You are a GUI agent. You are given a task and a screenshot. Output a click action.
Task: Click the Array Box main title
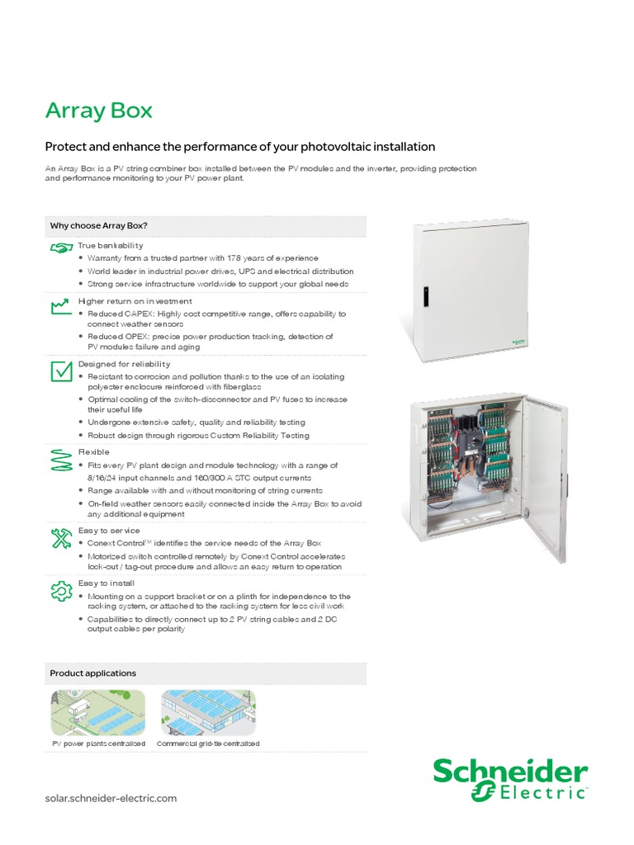[x=98, y=111]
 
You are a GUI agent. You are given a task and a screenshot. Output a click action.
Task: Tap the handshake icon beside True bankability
[x=60, y=248]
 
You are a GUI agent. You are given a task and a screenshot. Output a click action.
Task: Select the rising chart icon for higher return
[x=60, y=306]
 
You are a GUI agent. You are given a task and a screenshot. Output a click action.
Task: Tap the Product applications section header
[x=93, y=673]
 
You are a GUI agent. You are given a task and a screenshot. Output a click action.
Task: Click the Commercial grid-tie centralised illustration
[x=208, y=713]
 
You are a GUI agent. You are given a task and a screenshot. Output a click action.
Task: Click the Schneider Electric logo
[x=510, y=779]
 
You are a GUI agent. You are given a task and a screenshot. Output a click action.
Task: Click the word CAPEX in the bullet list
[x=137, y=314]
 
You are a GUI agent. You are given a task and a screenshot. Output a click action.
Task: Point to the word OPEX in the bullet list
[x=135, y=337]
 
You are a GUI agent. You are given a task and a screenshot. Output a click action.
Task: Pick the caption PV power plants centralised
[x=98, y=744]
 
